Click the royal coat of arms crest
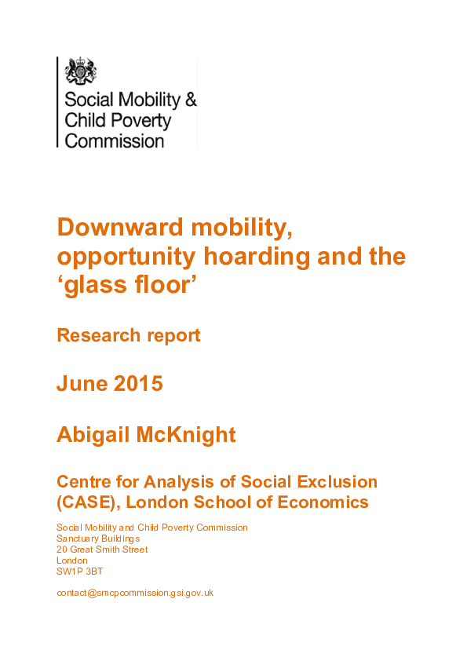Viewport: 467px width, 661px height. tap(79, 71)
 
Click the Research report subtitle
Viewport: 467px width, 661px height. tap(128, 335)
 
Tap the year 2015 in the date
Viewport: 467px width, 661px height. tap(138, 384)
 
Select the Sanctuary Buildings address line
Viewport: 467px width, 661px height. tap(98, 539)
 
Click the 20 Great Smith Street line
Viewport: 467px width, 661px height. tap(102, 550)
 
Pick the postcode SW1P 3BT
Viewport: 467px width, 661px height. tap(79, 572)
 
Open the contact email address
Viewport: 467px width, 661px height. tap(135, 593)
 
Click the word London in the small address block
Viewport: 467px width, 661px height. tap(72, 561)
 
